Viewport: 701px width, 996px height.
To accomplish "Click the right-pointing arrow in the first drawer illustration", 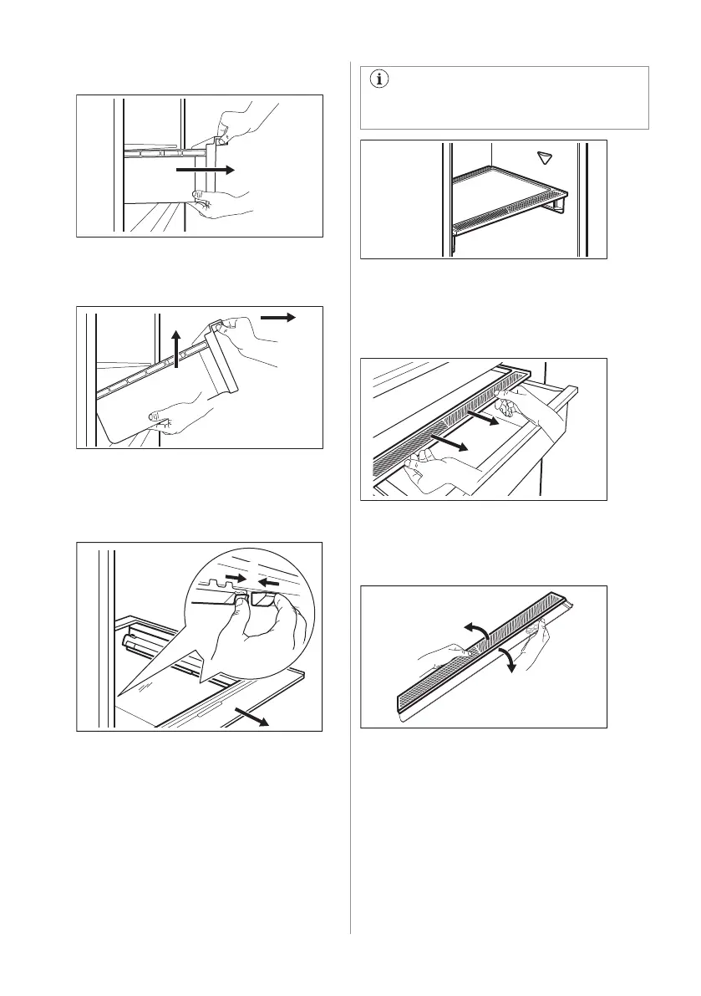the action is coord(206,169).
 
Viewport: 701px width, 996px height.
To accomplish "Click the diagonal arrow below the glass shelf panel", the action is coord(254,714).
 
